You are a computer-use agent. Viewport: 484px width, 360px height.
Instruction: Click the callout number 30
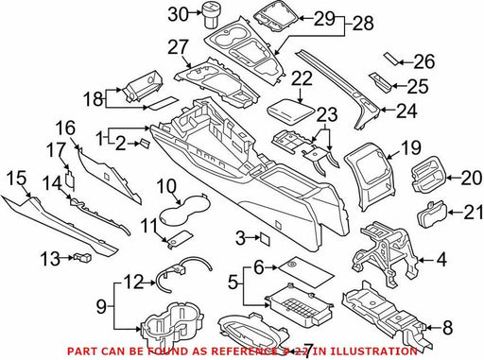[x=178, y=14]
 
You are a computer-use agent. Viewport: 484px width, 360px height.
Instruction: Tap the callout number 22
[x=302, y=78]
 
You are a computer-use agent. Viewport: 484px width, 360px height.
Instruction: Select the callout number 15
[x=17, y=179]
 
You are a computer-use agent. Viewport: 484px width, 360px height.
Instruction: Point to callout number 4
[x=441, y=260]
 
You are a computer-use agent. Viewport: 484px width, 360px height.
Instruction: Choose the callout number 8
[x=447, y=328]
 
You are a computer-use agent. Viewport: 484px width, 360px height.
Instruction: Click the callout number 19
[x=410, y=147]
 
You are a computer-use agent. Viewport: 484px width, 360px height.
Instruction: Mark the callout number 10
[x=166, y=187]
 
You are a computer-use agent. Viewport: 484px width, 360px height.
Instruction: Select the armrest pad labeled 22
[x=291, y=112]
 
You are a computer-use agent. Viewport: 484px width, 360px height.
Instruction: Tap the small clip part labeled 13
[x=82, y=257]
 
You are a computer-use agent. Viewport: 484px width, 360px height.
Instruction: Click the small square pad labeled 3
[x=265, y=239]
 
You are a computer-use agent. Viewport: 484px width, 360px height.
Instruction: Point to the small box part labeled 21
[x=432, y=214]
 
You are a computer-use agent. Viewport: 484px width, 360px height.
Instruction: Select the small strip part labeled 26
[x=391, y=59]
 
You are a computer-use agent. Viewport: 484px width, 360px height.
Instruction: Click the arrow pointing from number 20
[x=453, y=178]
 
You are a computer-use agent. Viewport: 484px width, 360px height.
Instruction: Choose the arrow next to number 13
[x=67, y=258]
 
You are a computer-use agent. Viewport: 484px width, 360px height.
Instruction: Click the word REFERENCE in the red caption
[x=244, y=351]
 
